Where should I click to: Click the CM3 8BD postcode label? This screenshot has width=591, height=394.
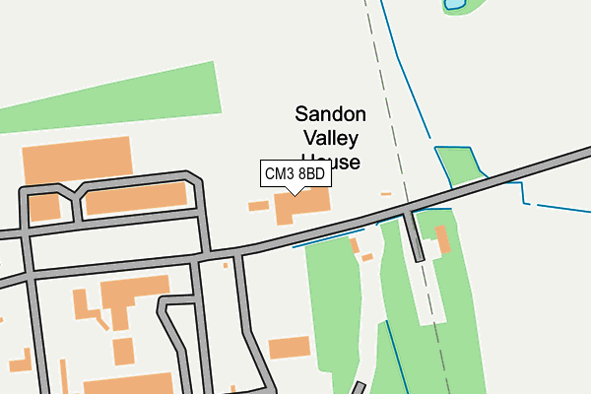click(x=295, y=174)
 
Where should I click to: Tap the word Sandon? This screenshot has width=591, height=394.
click(x=331, y=114)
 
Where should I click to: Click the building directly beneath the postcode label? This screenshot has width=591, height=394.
click(x=301, y=206)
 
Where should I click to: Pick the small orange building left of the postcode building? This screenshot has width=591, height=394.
click(x=258, y=206)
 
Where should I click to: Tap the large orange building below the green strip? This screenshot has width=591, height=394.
click(x=77, y=160)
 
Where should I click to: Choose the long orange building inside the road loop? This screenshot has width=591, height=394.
click(x=136, y=198)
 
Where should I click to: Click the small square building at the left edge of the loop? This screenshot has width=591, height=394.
click(x=44, y=207)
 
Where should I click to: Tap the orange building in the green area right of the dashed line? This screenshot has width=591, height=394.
click(x=442, y=239)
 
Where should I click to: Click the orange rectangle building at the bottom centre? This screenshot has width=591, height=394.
click(x=290, y=348)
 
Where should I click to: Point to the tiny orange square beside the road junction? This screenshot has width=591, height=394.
click(x=226, y=264)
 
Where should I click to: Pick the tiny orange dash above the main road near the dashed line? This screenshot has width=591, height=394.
click(x=386, y=193)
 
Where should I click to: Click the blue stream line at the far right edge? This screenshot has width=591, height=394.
click(x=561, y=208)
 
